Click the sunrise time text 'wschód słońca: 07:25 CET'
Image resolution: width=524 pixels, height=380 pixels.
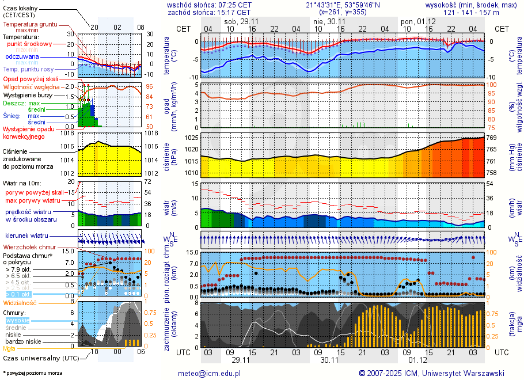[209, 4]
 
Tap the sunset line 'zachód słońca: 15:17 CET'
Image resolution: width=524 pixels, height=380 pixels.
[209, 12]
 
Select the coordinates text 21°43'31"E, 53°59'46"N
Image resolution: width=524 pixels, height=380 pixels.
[342, 4]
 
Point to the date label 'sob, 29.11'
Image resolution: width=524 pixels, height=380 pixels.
[240, 21]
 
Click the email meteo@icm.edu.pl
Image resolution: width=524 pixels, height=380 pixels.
[212, 373]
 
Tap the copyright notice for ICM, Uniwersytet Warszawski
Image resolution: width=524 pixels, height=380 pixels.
[431, 373]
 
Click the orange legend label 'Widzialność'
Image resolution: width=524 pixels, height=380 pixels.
[20, 302]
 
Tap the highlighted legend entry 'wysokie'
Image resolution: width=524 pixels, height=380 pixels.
[17, 320]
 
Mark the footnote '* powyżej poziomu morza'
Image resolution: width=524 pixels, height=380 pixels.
[32, 373]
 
